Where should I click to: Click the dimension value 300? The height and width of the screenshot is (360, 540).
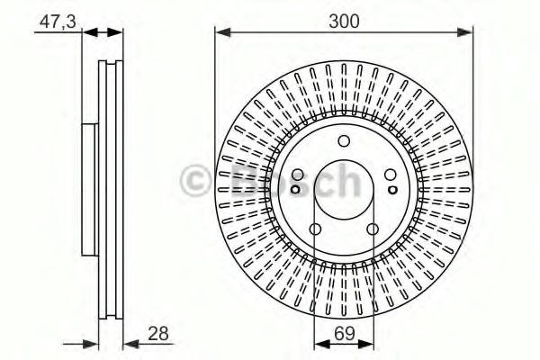click(x=344, y=22)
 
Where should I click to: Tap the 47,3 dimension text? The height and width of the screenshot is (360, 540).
click(x=58, y=22)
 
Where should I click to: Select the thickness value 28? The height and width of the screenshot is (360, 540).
click(x=158, y=334)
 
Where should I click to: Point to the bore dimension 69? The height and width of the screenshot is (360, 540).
click(x=345, y=334)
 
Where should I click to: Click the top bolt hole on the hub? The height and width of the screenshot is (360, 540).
click(x=344, y=141)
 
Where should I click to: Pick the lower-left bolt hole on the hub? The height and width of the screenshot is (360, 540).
click(x=315, y=229)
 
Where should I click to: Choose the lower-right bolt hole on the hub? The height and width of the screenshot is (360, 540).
click(x=373, y=229)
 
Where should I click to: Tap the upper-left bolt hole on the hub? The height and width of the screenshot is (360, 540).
click(x=298, y=175)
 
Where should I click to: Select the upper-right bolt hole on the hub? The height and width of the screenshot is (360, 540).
click(x=391, y=175)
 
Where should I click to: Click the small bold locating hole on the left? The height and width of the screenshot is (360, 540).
click(x=295, y=190)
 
